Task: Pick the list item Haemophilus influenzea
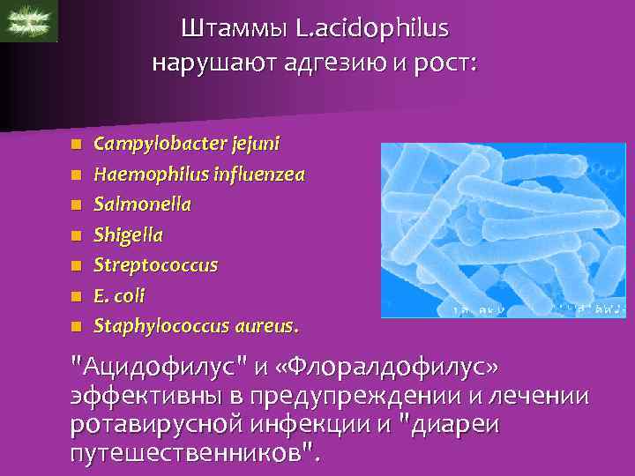pos(199,174)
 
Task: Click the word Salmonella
pos(142,204)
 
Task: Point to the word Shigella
pos(129,235)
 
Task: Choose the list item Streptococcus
pos(156,265)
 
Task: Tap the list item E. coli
pos(119,296)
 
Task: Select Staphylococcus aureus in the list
pos(196,326)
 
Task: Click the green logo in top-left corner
pos(29,21)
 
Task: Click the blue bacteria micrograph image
pos(503,230)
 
